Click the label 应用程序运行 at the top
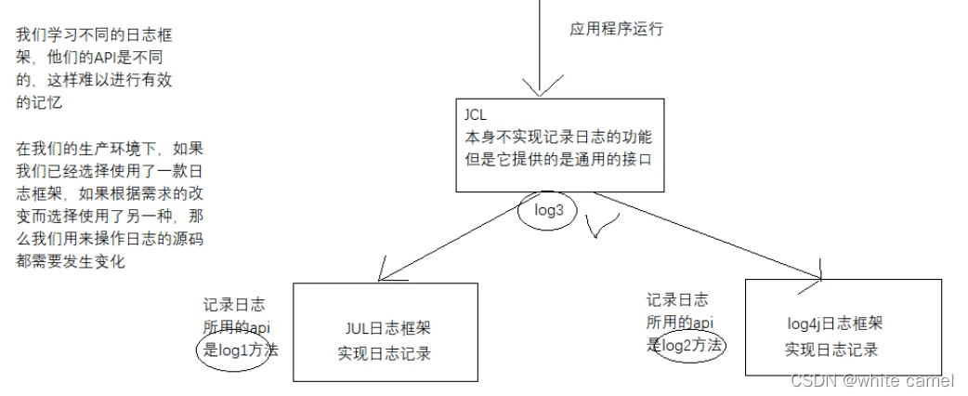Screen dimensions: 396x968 (x=616, y=29)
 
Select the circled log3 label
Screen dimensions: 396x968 (x=548, y=211)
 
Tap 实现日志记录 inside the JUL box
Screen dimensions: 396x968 (x=385, y=353)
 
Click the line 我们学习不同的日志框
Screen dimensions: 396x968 (x=94, y=35)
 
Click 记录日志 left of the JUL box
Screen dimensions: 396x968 (x=233, y=305)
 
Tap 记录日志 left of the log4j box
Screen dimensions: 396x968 (x=676, y=300)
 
